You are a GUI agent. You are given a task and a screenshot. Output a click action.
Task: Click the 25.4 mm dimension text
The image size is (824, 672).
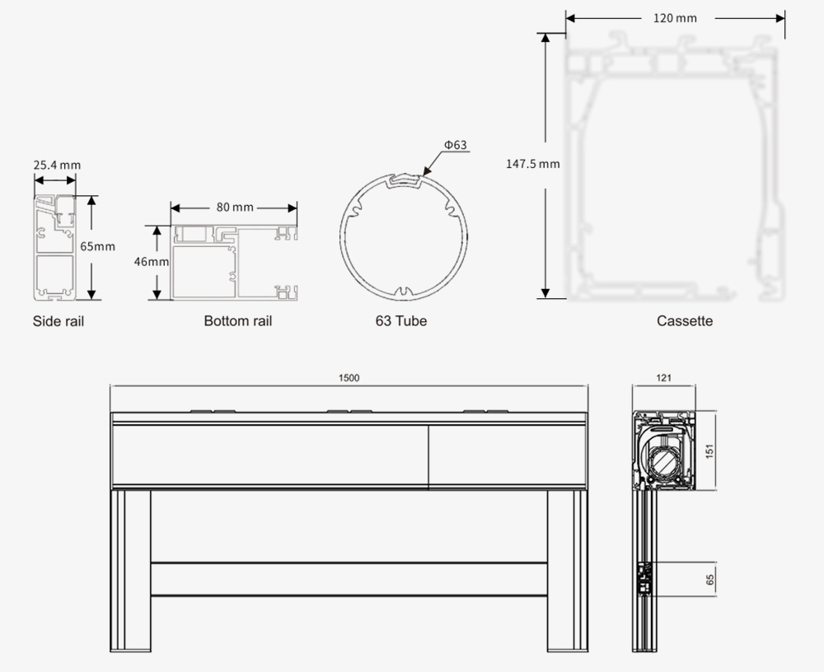(58, 165)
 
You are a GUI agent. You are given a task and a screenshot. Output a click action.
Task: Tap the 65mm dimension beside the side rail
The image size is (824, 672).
(97, 246)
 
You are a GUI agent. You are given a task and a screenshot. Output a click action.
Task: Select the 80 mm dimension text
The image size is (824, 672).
(235, 208)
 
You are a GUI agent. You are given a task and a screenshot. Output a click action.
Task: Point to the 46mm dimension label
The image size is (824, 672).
(152, 261)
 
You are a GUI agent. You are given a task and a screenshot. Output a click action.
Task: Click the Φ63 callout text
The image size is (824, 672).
(456, 144)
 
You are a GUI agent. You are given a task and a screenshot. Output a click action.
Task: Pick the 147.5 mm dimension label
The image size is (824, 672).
(533, 164)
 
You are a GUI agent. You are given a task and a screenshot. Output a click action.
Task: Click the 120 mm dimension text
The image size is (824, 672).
(676, 18)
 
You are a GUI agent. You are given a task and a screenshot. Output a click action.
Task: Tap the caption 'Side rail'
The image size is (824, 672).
(59, 321)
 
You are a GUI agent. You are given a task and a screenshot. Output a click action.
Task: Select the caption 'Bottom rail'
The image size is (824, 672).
(238, 321)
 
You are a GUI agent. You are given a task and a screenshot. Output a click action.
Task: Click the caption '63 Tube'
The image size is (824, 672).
(401, 321)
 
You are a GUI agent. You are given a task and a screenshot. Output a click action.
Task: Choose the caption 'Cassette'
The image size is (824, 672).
(685, 321)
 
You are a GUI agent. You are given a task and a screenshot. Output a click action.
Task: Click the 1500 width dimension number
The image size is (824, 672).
(349, 378)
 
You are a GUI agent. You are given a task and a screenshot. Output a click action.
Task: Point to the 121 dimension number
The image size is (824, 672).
(663, 378)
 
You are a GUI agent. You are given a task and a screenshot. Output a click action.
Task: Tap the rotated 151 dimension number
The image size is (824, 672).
(710, 450)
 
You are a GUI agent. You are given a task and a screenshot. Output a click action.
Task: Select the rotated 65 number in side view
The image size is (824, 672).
(710, 580)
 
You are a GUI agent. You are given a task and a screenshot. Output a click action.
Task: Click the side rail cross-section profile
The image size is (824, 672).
(54, 247)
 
